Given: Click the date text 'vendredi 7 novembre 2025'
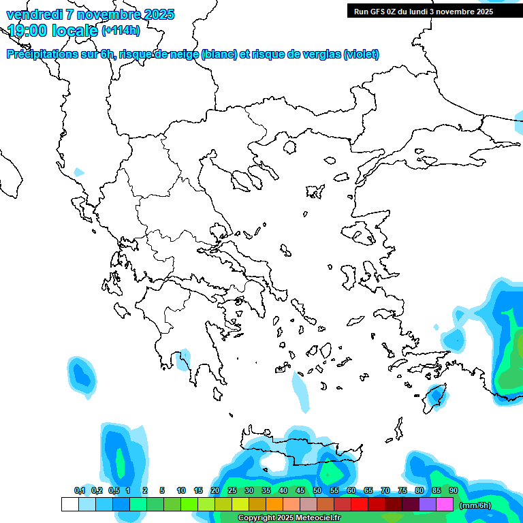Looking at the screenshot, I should pos(91,14).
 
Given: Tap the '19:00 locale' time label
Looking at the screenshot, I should pos(52,30).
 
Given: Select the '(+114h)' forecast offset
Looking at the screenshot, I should pos(121,30).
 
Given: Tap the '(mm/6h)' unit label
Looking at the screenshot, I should pos(475,505).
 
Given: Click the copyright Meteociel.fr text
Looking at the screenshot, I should pos(289,518).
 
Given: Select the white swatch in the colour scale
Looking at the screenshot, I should pos(69,505).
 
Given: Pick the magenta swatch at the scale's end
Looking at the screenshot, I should pos(445,505).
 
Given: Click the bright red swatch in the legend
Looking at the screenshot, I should pos(360,505).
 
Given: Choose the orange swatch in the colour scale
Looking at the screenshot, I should pos(274,505).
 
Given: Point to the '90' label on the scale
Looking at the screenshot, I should pos(454,490).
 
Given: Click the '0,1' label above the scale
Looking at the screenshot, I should pos(80,490).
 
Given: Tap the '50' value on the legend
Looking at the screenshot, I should pos(317,490).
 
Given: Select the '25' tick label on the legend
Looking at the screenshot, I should pos(232,490).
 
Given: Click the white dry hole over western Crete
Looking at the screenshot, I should pos(275,462).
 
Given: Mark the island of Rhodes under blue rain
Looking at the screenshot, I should pos(434,396).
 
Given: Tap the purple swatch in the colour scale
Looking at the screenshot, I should pos(428,505).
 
